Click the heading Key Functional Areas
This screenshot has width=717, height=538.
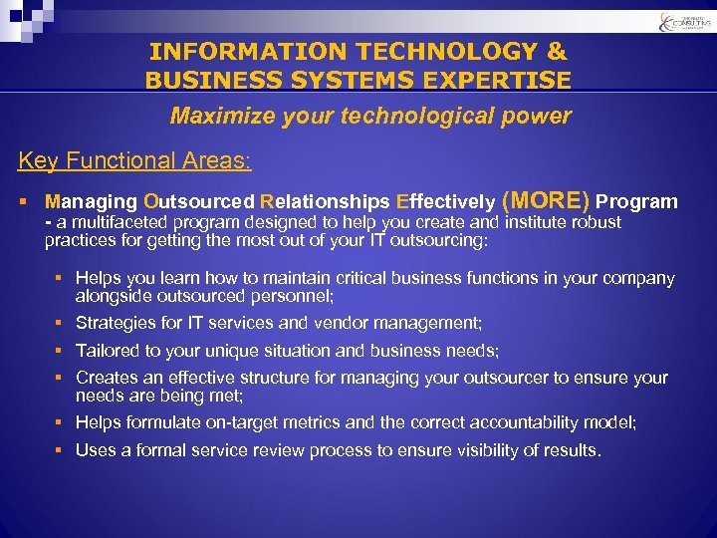pyautogui.click(x=134, y=160)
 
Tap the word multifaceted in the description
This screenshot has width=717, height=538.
pyautogui.click(x=120, y=222)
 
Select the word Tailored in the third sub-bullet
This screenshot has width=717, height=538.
pyautogui.click(x=110, y=351)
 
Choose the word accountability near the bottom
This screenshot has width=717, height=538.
pyautogui.click(x=537, y=422)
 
